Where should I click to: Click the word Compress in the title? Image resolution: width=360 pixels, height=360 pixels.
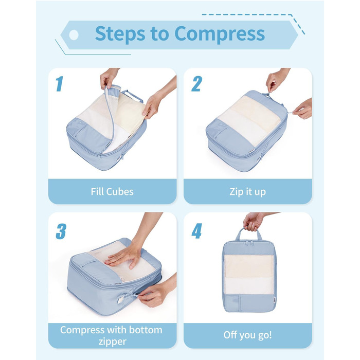point(220,34)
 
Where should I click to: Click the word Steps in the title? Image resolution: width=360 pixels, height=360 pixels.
point(120,34)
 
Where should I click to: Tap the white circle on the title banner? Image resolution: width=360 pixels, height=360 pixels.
point(74,35)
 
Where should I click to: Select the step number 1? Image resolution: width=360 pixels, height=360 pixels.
point(59,84)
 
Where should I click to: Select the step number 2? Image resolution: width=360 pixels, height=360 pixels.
point(197,84)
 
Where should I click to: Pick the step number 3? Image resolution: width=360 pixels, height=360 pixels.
point(61,231)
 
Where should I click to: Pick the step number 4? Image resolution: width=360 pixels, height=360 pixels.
point(197,231)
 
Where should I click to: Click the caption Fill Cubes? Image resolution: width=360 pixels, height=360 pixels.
point(112,191)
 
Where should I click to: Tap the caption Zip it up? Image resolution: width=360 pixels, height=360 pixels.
point(248,192)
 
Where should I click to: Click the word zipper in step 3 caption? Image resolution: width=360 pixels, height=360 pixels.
point(113,341)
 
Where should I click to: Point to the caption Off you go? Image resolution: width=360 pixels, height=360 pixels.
point(248,335)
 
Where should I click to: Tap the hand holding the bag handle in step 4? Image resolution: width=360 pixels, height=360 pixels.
point(253,221)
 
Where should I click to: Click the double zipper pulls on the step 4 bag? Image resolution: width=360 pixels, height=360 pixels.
point(250,242)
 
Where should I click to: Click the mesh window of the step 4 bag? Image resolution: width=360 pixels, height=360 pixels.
point(249,274)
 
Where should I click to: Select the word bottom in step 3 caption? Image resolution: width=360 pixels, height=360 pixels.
point(146,330)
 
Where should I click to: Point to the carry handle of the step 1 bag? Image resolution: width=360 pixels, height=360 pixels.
point(133,96)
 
